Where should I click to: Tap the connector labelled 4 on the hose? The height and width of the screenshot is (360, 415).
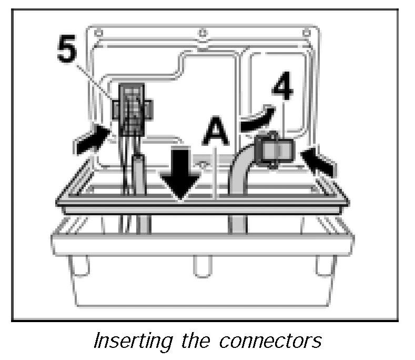(x=276, y=152)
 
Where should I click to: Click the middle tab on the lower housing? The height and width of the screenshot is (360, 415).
(x=201, y=266)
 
